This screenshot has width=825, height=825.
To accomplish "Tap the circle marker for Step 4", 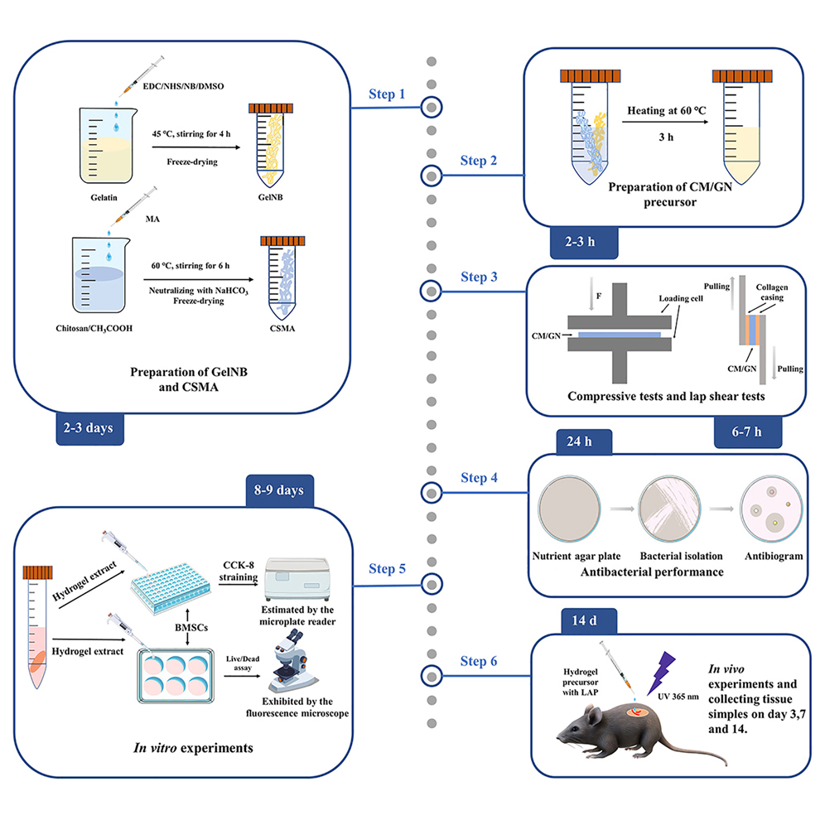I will [431, 493].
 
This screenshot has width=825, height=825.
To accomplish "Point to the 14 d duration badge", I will [578, 618].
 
